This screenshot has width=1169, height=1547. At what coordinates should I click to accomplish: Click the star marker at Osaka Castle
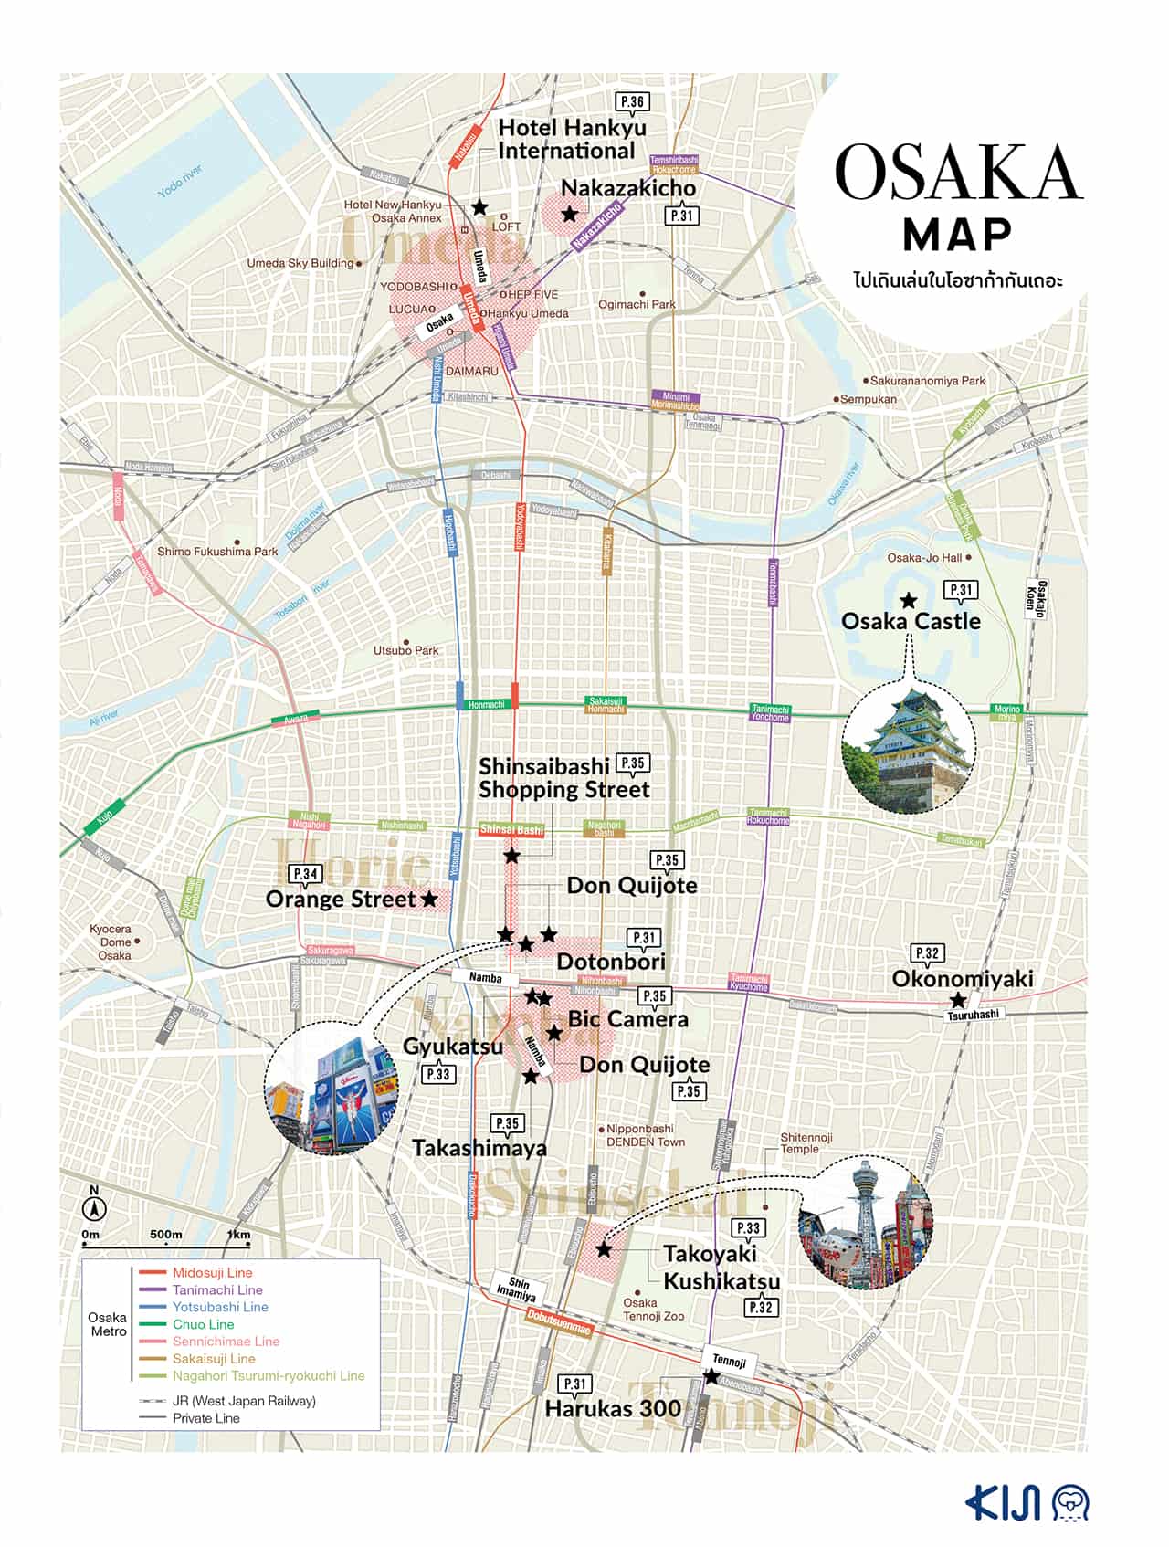pyautogui.click(x=908, y=601)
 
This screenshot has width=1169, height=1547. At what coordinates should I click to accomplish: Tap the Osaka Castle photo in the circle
pyautogui.click(x=909, y=747)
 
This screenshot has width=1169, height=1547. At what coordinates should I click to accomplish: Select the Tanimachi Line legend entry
pyautogui.click(x=217, y=1289)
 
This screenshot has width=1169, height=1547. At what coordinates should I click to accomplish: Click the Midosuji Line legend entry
pyautogui.click(x=212, y=1272)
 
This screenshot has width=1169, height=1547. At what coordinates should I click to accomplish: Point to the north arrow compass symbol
pyautogui.click(x=94, y=1208)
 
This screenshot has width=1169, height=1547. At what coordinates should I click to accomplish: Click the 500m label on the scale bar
pyautogui.click(x=165, y=1234)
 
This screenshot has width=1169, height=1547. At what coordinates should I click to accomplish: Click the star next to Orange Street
pyautogui.click(x=429, y=899)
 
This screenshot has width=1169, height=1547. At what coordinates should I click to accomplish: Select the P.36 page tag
pyautogui.click(x=631, y=102)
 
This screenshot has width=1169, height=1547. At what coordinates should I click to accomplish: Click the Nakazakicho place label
pyautogui.click(x=627, y=188)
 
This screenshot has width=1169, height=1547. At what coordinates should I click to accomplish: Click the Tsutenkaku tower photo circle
pyautogui.click(x=865, y=1223)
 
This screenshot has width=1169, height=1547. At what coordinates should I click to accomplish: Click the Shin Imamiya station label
pyautogui.click(x=517, y=1289)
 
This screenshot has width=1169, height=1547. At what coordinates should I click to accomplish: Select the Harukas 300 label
pyautogui.click(x=612, y=1408)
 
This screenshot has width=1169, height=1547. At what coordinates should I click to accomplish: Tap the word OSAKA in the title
pyautogui.click(x=957, y=173)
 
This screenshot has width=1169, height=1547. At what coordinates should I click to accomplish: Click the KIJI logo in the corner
pyautogui.click(x=1027, y=1503)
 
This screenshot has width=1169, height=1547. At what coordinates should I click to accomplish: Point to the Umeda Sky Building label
pyautogui.click(x=300, y=263)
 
